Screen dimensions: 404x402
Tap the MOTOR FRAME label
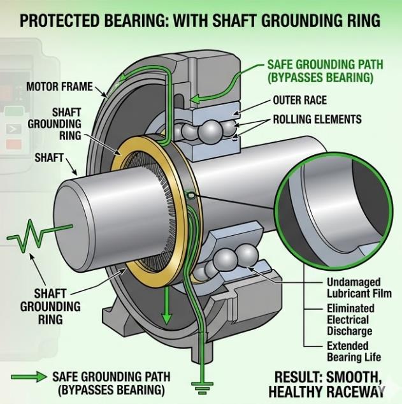pos(59,86)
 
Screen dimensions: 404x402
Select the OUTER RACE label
pos(299,100)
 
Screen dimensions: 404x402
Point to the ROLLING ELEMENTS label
pos(317,119)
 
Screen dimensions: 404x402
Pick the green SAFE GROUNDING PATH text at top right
pos(319,71)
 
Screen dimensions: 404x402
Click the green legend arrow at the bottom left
pos(29,377)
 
